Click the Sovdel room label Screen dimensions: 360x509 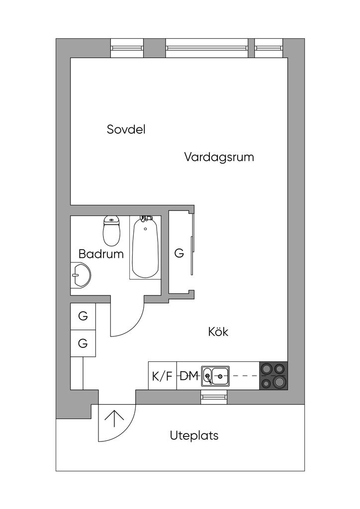(126, 129)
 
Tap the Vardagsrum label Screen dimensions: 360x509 (219, 157)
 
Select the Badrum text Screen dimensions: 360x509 (101, 254)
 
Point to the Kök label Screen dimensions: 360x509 (218, 332)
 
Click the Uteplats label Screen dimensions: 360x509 (194, 435)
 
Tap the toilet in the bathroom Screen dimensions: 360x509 (112, 231)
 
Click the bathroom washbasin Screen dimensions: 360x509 (81, 274)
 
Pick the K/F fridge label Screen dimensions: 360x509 (162, 376)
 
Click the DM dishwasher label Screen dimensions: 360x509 (189, 376)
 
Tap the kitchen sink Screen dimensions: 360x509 (215, 376)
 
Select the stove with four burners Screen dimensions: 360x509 (273, 376)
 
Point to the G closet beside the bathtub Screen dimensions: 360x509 (179, 253)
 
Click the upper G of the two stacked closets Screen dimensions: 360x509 (83, 316)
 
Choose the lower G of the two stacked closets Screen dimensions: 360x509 (83, 343)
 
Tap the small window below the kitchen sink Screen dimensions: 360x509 (214, 397)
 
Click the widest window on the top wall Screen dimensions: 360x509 (207, 48)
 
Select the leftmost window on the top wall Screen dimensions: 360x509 (127, 48)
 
